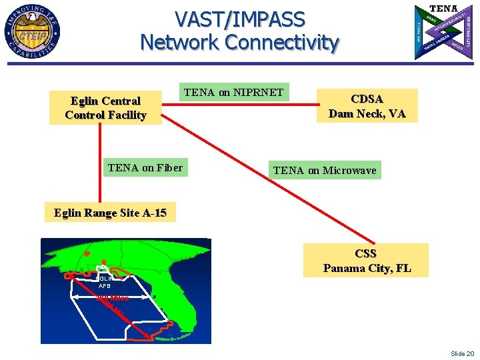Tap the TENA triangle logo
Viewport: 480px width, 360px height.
(443, 31)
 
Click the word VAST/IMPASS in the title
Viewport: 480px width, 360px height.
(239, 19)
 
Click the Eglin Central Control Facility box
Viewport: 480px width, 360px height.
(105, 108)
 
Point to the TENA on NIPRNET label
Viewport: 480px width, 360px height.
(233, 92)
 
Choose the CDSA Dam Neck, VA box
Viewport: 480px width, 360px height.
(367, 106)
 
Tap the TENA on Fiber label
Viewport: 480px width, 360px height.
(145, 167)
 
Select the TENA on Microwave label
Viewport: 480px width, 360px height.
(325, 171)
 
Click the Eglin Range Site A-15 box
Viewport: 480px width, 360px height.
(110, 213)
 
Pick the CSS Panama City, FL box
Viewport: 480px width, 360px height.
(366, 261)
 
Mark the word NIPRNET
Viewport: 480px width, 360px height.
(258, 92)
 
